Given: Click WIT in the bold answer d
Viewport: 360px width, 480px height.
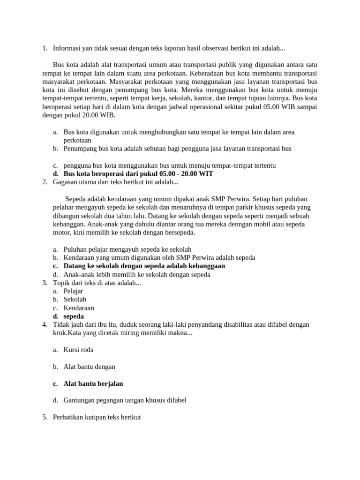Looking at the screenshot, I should pos(206,173).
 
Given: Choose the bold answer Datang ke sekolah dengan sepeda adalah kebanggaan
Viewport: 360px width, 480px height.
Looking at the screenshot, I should pos(144,266).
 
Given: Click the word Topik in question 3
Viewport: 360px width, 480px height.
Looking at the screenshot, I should pos(62,283).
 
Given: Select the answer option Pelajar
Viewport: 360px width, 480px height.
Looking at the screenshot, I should pos(73,291).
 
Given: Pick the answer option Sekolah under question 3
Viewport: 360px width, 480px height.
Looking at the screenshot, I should pos(75,300).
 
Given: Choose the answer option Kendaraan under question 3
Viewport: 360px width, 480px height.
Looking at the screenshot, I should pos(79,308).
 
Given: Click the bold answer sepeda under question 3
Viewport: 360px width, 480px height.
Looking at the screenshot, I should pos(74,316).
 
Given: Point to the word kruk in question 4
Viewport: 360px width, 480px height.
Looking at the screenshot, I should pos(60,333).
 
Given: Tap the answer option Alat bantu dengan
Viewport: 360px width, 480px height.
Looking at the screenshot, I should pos(89,367).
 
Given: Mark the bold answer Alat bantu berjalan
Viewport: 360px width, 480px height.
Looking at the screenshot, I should pos(93,383).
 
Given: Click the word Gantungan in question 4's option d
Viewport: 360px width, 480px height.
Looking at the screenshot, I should pos(80,400).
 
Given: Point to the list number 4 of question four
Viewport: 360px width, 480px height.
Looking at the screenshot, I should pos(44,325).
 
